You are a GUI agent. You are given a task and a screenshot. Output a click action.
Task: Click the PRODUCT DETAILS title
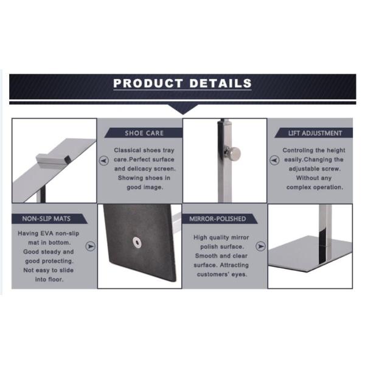[x=182, y=83]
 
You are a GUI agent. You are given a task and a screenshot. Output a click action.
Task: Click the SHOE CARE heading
[x=144, y=133]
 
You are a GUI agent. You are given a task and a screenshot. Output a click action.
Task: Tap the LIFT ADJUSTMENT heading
[x=315, y=133]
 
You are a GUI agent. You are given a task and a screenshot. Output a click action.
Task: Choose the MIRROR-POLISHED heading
[x=217, y=218]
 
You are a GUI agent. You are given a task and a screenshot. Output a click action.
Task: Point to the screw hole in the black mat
[x=135, y=243]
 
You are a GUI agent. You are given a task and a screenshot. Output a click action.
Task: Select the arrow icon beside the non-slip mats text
[x=91, y=247]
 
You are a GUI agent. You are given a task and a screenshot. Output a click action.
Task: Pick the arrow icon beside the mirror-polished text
[x=260, y=246]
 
